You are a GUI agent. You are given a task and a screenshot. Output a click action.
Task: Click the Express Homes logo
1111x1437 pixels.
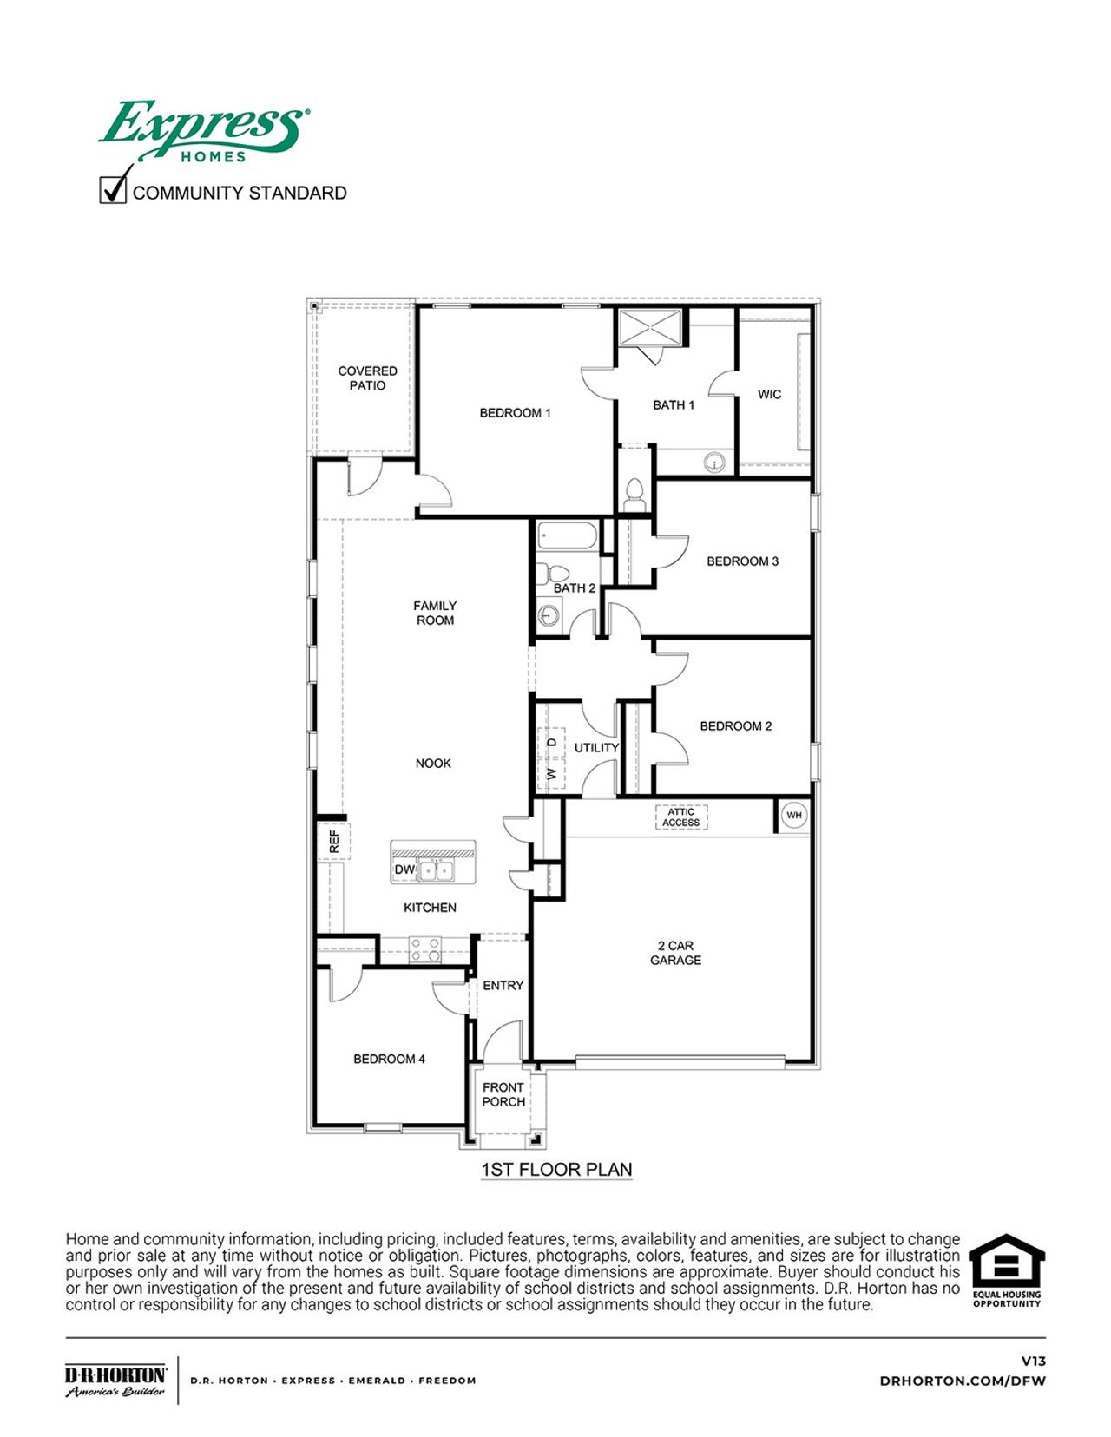click(x=204, y=130)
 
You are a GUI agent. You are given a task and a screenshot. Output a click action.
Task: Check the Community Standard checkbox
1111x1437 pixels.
click(x=113, y=189)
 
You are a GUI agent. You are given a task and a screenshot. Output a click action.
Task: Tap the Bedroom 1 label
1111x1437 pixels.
click(x=515, y=413)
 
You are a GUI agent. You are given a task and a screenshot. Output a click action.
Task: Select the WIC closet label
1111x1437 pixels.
click(x=769, y=394)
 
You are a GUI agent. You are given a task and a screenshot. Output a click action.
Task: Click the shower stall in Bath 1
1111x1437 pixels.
click(x=648, y=327)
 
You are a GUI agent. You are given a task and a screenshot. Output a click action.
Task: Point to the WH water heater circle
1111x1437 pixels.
click(x=794, y=815)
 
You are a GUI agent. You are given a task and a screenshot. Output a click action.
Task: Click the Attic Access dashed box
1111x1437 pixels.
click(x=681, y=817)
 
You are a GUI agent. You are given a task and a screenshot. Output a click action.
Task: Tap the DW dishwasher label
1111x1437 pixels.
click(x=404, y=869)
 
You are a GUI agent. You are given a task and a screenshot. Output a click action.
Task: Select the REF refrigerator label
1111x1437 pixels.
click(x=334, y=841)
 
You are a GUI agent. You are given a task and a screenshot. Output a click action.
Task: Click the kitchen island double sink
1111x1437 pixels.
click(x=437, y=869)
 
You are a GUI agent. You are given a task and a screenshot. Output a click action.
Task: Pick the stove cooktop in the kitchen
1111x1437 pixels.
click(x=424, y=949)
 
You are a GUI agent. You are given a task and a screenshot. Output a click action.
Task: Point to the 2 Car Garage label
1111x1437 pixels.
click(x=675, y=953)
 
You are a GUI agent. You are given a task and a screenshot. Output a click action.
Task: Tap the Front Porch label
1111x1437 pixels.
click(x=503, y=1094)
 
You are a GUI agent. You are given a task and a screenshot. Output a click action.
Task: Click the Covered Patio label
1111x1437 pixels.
click(x=367, y=378)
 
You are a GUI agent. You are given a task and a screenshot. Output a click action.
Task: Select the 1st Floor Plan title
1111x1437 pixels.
click(x=556, y=1170)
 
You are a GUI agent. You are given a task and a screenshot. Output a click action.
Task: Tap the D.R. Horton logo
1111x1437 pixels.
click(x=115, y=1380)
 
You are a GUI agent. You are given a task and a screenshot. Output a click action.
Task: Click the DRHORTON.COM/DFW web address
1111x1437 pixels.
click(x=963, y=1381)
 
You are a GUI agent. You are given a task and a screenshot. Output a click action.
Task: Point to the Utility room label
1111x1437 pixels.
click(x=596, y=748)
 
